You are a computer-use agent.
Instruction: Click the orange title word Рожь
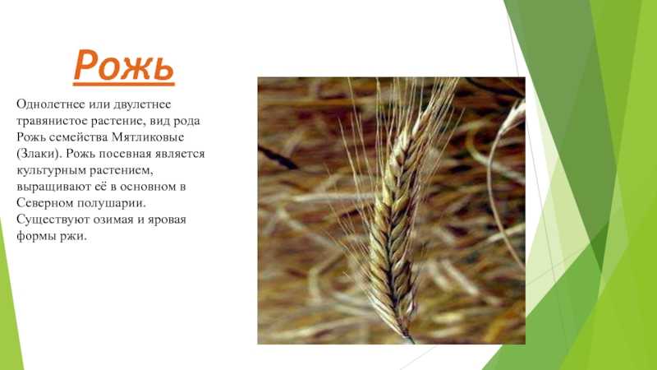pyautogui.click(x=124, y=66)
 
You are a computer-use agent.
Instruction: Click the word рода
pyautogui.click(x=186, y=122)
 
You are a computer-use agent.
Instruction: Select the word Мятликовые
pyautogui.click(x=149, y=137)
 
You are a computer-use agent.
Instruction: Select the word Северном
pyautogui.click(x=44, y=203)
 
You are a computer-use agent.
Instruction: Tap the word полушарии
pyautogui.click(x=110, y=203)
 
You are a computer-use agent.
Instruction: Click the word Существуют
pyautogui.click(x=50, y=220)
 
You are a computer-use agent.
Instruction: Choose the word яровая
pyautogui.click(x=167, y=220)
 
